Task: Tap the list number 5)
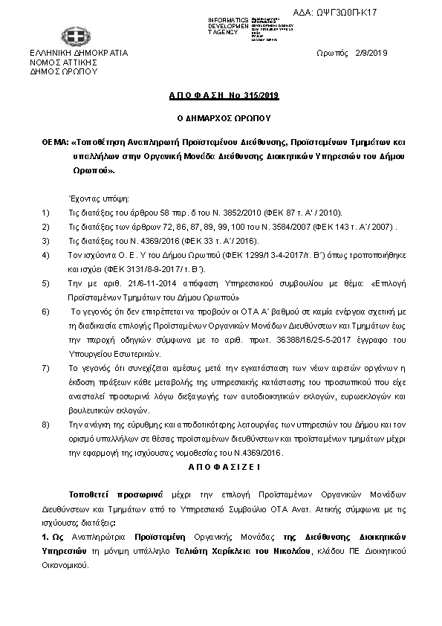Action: pyautogui.click(x=46, y=283)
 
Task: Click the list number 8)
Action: pyautogui.click(x=46, y=424)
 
